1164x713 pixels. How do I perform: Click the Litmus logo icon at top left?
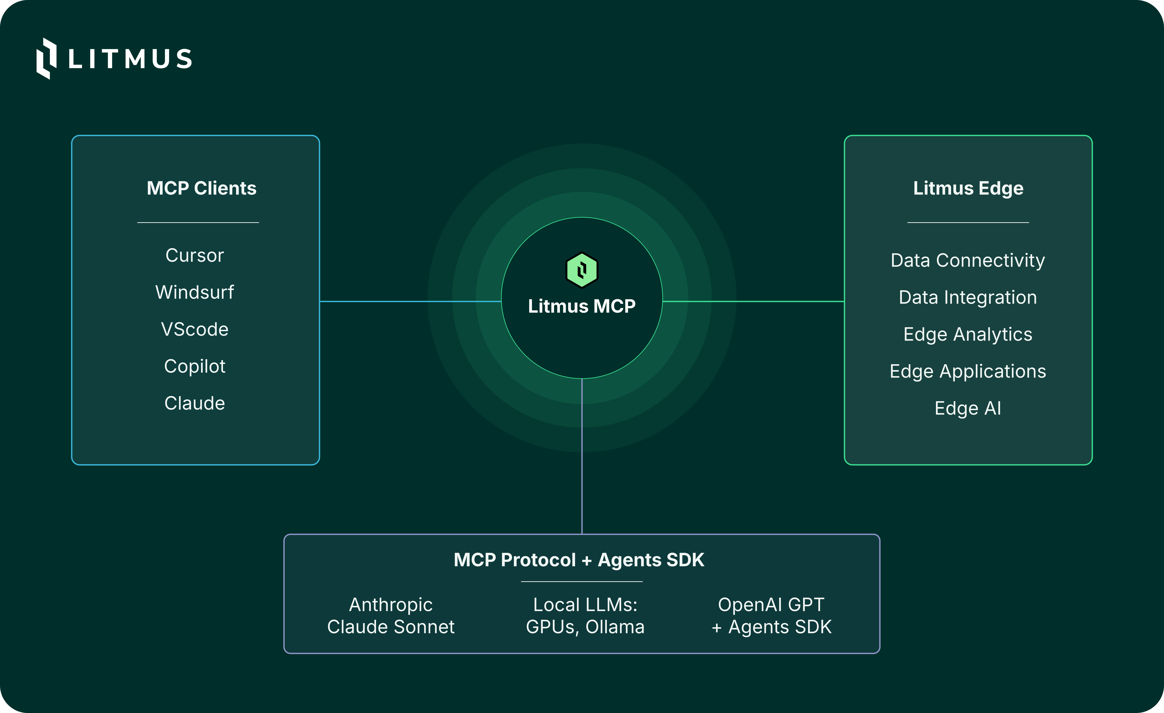46,59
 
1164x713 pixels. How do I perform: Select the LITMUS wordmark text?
130,59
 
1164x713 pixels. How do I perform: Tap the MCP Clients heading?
201,188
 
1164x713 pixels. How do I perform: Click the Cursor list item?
195,255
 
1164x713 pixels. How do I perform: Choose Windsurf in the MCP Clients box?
195,292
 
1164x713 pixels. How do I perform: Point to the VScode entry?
195,329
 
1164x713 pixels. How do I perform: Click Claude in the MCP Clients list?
195,403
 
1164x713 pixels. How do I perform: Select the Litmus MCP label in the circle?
581,306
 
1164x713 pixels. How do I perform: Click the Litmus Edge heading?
968,188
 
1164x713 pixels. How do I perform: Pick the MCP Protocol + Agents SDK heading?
579,560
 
